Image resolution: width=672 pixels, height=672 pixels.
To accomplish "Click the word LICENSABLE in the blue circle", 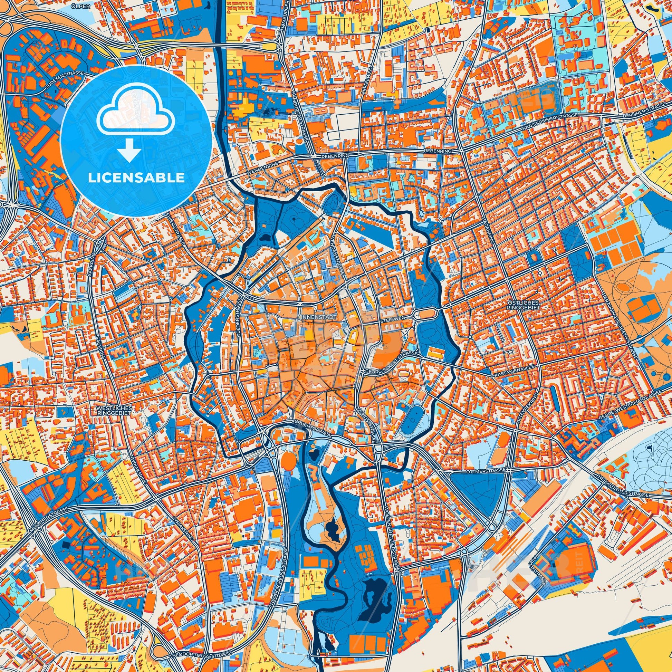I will click(136, 178).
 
